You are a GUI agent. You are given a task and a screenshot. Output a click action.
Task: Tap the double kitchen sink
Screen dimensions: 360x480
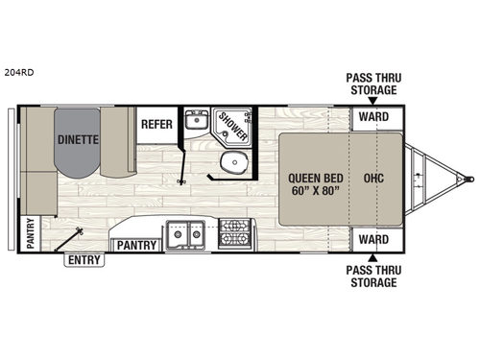point(184,233)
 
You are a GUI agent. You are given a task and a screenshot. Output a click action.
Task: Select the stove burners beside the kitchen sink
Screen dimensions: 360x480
point(234,233)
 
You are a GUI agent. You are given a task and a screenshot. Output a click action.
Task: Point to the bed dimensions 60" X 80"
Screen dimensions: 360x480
point(308,192)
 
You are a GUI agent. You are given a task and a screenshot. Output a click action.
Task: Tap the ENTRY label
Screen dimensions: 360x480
point(84,258)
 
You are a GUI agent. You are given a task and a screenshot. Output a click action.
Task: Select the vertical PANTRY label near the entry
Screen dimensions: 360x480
point(30,233)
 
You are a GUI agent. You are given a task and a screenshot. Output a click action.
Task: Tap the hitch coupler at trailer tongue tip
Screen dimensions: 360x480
point(468,179)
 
